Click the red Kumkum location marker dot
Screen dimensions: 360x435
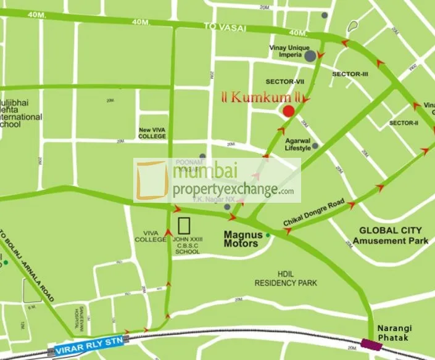point(288,111)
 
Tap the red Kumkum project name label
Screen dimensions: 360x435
point(263,97)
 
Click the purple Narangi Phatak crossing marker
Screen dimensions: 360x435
point(371,344)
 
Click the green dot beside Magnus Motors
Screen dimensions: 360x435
point(268,235)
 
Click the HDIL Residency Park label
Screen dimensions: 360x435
point(286,279)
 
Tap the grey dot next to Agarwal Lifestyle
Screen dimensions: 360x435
point(315,146)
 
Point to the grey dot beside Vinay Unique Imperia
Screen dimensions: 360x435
point(310,56)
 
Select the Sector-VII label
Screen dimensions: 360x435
point(282,81)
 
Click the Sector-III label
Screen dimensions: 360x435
point(350,74)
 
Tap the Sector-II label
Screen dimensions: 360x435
point(404,123)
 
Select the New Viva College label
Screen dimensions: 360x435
point(152,133)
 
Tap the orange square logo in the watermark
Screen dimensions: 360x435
point(152,181)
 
